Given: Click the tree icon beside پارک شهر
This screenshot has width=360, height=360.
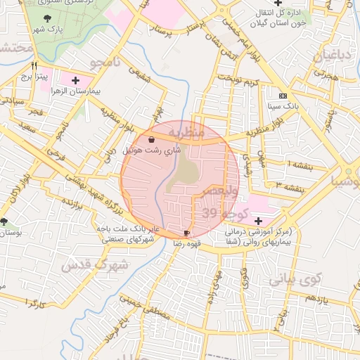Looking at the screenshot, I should (x=47, y=18).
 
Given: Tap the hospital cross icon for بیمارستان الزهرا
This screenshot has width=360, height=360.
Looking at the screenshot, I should (x=75, y=81).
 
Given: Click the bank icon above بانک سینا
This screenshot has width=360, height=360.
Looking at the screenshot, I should (x=283, y=96).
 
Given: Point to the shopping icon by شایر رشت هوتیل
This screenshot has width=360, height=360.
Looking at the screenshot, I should (x=153, y=141).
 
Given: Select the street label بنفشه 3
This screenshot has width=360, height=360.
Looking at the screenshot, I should (x=290, y=186).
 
